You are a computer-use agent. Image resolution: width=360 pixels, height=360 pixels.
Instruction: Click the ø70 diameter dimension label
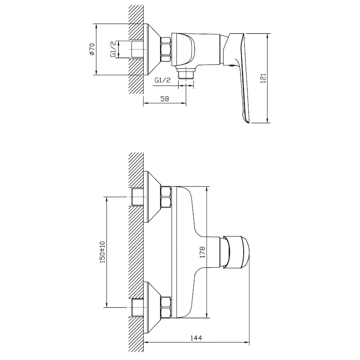tap(92, 49)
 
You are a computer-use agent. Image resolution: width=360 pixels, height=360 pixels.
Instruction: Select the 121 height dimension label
tap(263, 78)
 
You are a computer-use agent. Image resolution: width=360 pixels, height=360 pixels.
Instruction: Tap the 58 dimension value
tap(165, 99)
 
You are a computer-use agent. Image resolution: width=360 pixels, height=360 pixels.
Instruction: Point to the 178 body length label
tap(202, 252)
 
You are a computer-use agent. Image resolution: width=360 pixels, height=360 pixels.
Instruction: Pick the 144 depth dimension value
tap(196, 338)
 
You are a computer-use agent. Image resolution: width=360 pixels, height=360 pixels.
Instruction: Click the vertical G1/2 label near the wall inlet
tap(113, 49)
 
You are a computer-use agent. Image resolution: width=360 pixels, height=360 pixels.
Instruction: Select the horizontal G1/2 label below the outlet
tap(163, 80)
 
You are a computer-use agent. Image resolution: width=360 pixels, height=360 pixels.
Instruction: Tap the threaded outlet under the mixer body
tap(186, 74)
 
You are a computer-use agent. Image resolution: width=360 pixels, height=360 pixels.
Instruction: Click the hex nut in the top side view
tap(166, 49)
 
